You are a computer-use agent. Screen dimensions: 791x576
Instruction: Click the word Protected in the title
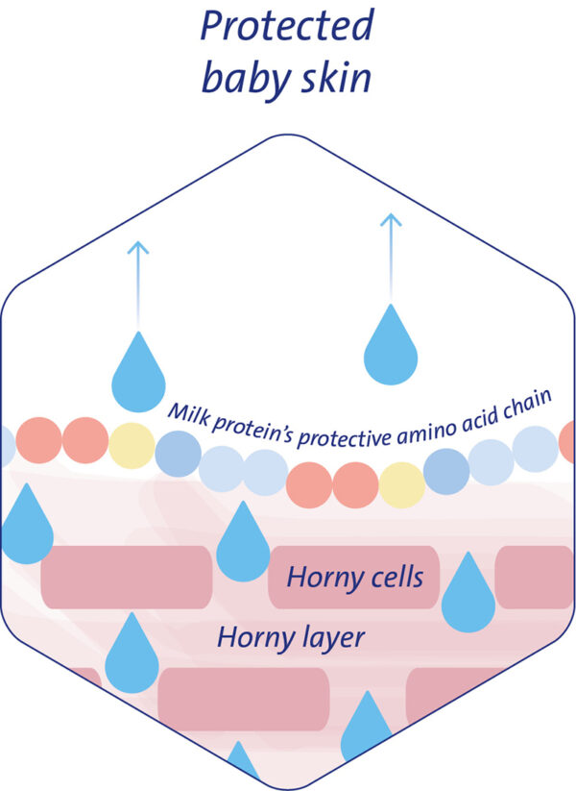(x=286, y=26)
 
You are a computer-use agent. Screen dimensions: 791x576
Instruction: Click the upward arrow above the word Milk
(x=138, y=279)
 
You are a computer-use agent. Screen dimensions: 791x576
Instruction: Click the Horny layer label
(x=291, y=635)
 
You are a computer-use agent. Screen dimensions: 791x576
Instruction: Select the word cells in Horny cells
(x=391, y=578)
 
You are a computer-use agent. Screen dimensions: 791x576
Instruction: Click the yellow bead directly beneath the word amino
(x=401, y=484)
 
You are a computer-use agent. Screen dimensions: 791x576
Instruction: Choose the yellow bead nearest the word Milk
(x=131, y=445)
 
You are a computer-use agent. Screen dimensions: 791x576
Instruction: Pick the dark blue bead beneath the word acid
(x=446, y=472)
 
